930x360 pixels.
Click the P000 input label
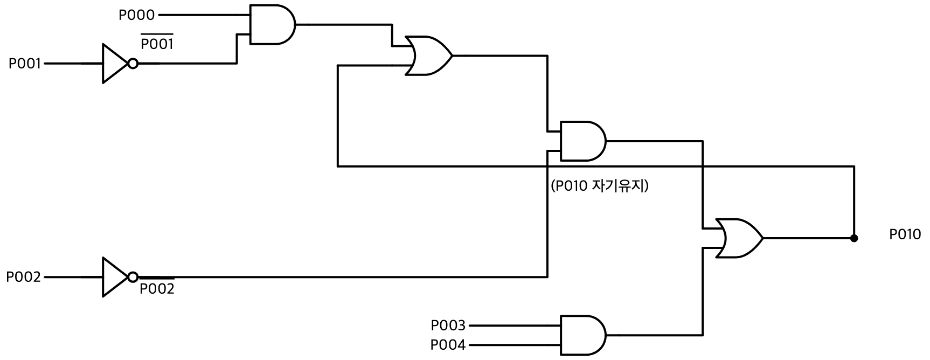[x=136, y=15]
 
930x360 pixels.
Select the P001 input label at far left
[x=25, y=64]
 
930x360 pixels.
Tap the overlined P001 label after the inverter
[x=157, y=43]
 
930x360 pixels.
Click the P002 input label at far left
[x=23, y=277]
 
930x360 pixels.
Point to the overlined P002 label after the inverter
[x=157, y=287]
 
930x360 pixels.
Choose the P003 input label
[x=448, y=326]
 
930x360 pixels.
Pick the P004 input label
[x=448, y=344]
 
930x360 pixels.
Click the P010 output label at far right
[x=905, y=234]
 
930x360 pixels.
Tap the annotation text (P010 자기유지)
[x=600, y=186]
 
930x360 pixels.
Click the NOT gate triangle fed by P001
[x=115, y=64]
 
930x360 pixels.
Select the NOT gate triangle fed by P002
[x=115, y=277]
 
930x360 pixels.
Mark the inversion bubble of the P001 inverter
[x=133, y=64]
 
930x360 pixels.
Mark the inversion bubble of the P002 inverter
[x=133, y=277]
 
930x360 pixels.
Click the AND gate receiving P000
[x=273, y=25]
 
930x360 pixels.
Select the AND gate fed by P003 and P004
[x=583, y=335]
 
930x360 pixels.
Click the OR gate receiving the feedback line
[x=429, y=56]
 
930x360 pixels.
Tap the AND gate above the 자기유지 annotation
[x=583, y=141]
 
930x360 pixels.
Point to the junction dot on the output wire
[x=854, y=238]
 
